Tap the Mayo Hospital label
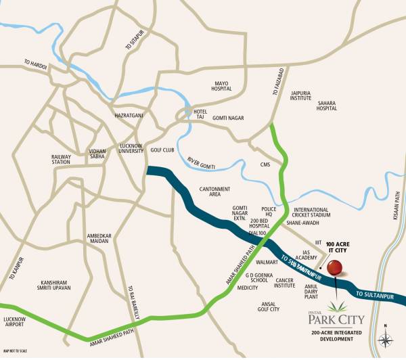[x=221, y=86]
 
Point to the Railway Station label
[x=61, y=159]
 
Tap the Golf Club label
[x=162, y=150]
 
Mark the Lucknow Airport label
[x=15, y=321]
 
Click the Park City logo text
[x=334, y=318]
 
